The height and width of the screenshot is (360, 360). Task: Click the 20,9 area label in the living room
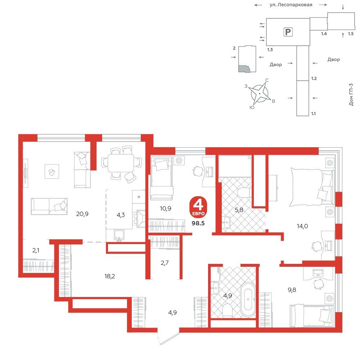(82, 214)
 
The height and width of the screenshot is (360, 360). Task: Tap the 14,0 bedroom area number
(302, 226)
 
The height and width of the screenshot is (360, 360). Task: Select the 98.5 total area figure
(198, 223)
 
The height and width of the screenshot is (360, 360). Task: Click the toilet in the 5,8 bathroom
(244, 193)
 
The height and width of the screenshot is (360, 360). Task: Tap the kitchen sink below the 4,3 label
(119, 235)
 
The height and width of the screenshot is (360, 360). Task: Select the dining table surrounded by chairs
(121, 163)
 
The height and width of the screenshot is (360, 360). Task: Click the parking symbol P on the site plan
(288, 32)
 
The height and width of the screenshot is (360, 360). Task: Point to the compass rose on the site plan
(260, 94)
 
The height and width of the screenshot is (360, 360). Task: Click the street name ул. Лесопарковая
(291, 5)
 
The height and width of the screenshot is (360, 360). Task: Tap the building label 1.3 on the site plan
(270, 50)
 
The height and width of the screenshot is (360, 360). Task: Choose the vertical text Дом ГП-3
(351, 94)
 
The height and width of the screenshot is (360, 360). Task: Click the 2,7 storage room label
(165, 263)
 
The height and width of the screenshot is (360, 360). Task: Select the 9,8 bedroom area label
(292, 290)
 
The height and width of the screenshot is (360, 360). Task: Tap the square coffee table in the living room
(52, 171)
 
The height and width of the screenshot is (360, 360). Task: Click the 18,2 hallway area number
(109, 276)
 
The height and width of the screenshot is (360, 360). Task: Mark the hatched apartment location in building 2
(244, 69)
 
